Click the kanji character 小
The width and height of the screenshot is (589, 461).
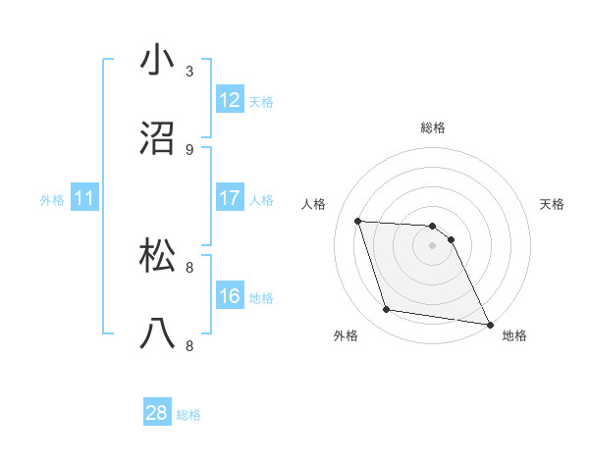point(158,60)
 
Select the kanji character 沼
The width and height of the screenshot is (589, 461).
point(158,138)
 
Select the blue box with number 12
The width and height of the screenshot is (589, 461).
point(230,100)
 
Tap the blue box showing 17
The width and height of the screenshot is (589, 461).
point(230,198)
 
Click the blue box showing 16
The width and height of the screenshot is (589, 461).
point(230,296)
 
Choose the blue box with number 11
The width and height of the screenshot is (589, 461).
point(84,198)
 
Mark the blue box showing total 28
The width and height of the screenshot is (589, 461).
point(157,413)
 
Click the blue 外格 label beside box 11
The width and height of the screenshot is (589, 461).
point(52,199)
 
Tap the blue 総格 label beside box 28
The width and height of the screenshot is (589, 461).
point(188,415)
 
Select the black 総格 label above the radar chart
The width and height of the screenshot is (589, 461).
point(432,128)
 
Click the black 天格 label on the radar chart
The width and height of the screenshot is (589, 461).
point(553,204)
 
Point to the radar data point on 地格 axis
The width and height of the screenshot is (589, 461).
point(489,324)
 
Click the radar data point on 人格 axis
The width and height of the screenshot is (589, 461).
point(358,221)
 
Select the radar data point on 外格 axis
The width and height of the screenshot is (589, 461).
point(387,310)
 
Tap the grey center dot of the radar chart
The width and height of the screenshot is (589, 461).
point(432,245)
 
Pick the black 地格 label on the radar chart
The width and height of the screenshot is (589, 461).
point(514,335)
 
